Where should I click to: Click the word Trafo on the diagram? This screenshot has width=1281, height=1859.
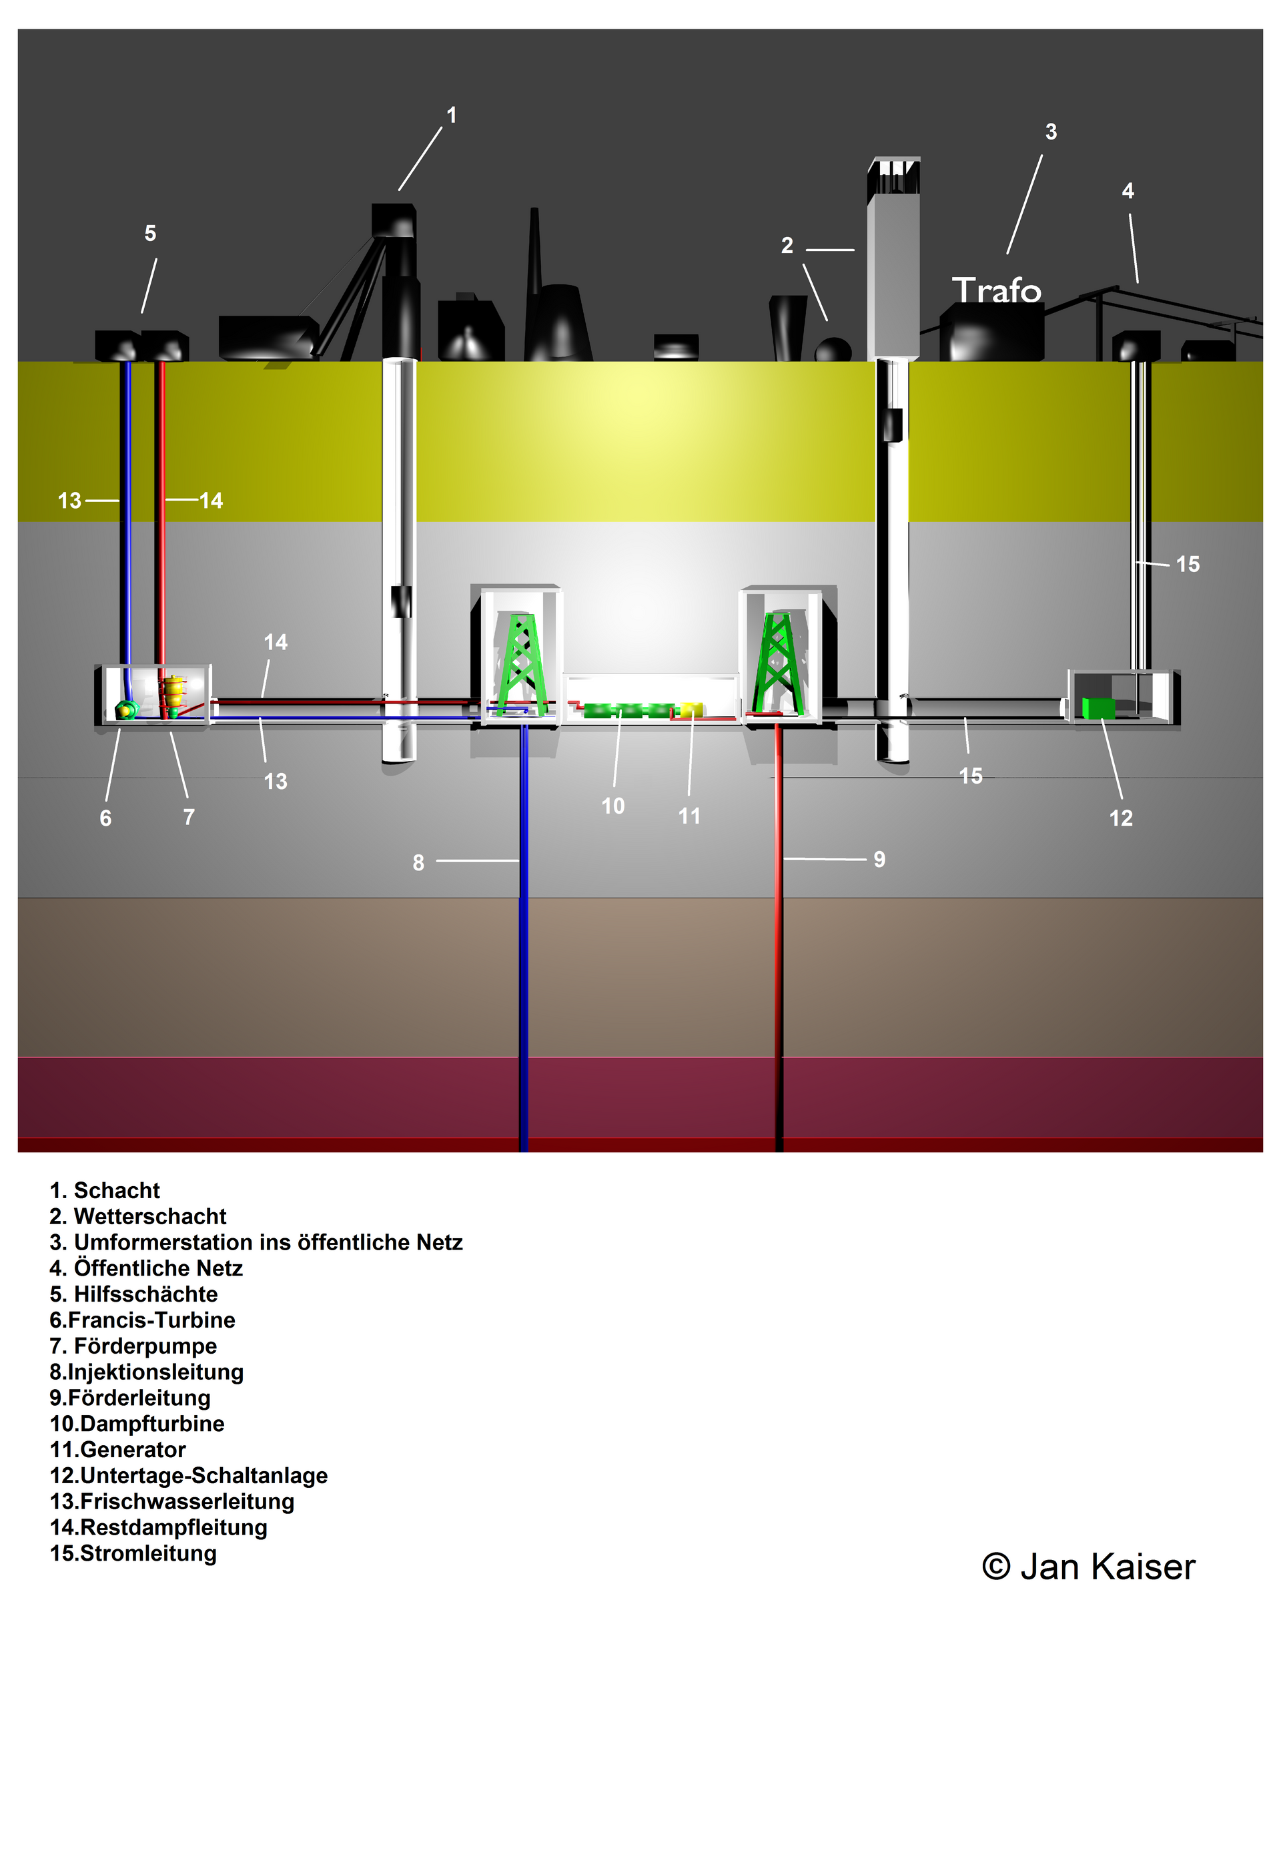(x=996, y=290)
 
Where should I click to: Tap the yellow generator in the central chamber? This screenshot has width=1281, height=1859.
(x=691, y=710)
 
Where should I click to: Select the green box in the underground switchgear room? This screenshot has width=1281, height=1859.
(x=1098, y=708)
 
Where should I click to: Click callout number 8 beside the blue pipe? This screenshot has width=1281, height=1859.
(x=418, y=862)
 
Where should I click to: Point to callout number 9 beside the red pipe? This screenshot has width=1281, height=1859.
(x=879, y=859)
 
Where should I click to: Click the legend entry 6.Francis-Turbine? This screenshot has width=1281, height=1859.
(x=142, y=1320)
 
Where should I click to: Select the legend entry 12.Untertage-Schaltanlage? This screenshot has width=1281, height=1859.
(x=189, y=1475)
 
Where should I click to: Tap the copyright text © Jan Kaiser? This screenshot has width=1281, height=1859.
(x=1088, y=1566)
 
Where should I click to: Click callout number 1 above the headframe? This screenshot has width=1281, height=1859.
(x=452, y=115)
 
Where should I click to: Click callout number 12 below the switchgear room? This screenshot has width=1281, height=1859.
(x=1122, y=818)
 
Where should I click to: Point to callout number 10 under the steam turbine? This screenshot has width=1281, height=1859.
(x=613, y=806)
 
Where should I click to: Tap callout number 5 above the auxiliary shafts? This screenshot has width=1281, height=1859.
(x=150, y=233)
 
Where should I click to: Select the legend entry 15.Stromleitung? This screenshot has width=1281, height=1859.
(x=133, y=1553)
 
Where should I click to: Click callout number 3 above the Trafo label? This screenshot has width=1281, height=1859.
(x=1051, y=131)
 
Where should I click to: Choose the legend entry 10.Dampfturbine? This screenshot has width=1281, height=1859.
(x=137, y=1423)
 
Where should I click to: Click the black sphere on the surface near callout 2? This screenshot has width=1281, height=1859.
(x=834, y=349)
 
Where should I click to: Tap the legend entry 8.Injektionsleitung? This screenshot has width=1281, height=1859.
(x=147, y=1372)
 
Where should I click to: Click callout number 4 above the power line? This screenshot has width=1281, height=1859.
(x=1128, y=191)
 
